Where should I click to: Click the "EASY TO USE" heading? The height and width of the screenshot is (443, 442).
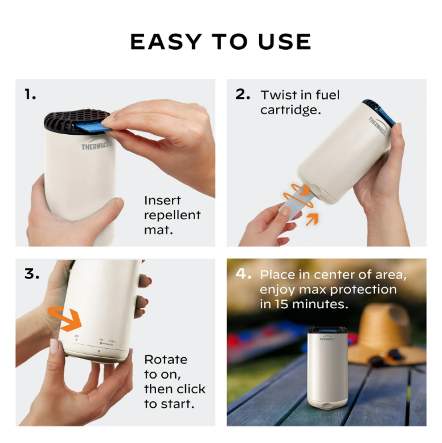(221, 42)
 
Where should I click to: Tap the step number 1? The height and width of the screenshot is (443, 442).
(30, 95)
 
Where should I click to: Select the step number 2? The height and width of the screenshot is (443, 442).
(243, 94)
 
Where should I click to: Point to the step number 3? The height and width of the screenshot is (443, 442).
(32, 274)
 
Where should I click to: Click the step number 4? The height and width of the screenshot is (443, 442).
(243, 274)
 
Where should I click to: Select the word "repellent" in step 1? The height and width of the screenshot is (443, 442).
(172, 215)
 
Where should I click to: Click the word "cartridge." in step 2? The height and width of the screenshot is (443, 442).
(290, 110)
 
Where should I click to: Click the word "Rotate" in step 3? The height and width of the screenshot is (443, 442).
(166, 360)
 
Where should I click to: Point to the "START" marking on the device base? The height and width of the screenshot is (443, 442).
(112, 341)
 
